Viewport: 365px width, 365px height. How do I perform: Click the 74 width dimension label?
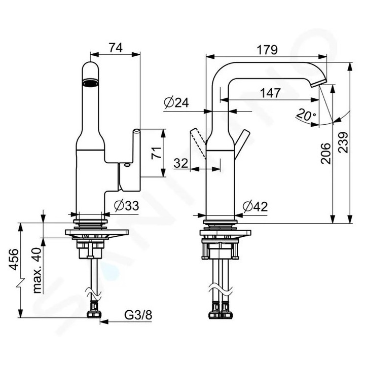116,48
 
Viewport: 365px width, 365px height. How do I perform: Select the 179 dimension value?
267,50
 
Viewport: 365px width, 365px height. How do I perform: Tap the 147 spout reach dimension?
270,93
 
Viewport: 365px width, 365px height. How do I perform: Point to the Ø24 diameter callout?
176,102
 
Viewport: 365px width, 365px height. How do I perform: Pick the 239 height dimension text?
343,142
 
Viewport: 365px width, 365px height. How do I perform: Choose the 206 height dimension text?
325,154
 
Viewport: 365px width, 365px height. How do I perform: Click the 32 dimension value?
181,163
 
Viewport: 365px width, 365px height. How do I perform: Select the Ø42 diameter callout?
255,206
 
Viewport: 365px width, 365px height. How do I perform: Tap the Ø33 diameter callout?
126,205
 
